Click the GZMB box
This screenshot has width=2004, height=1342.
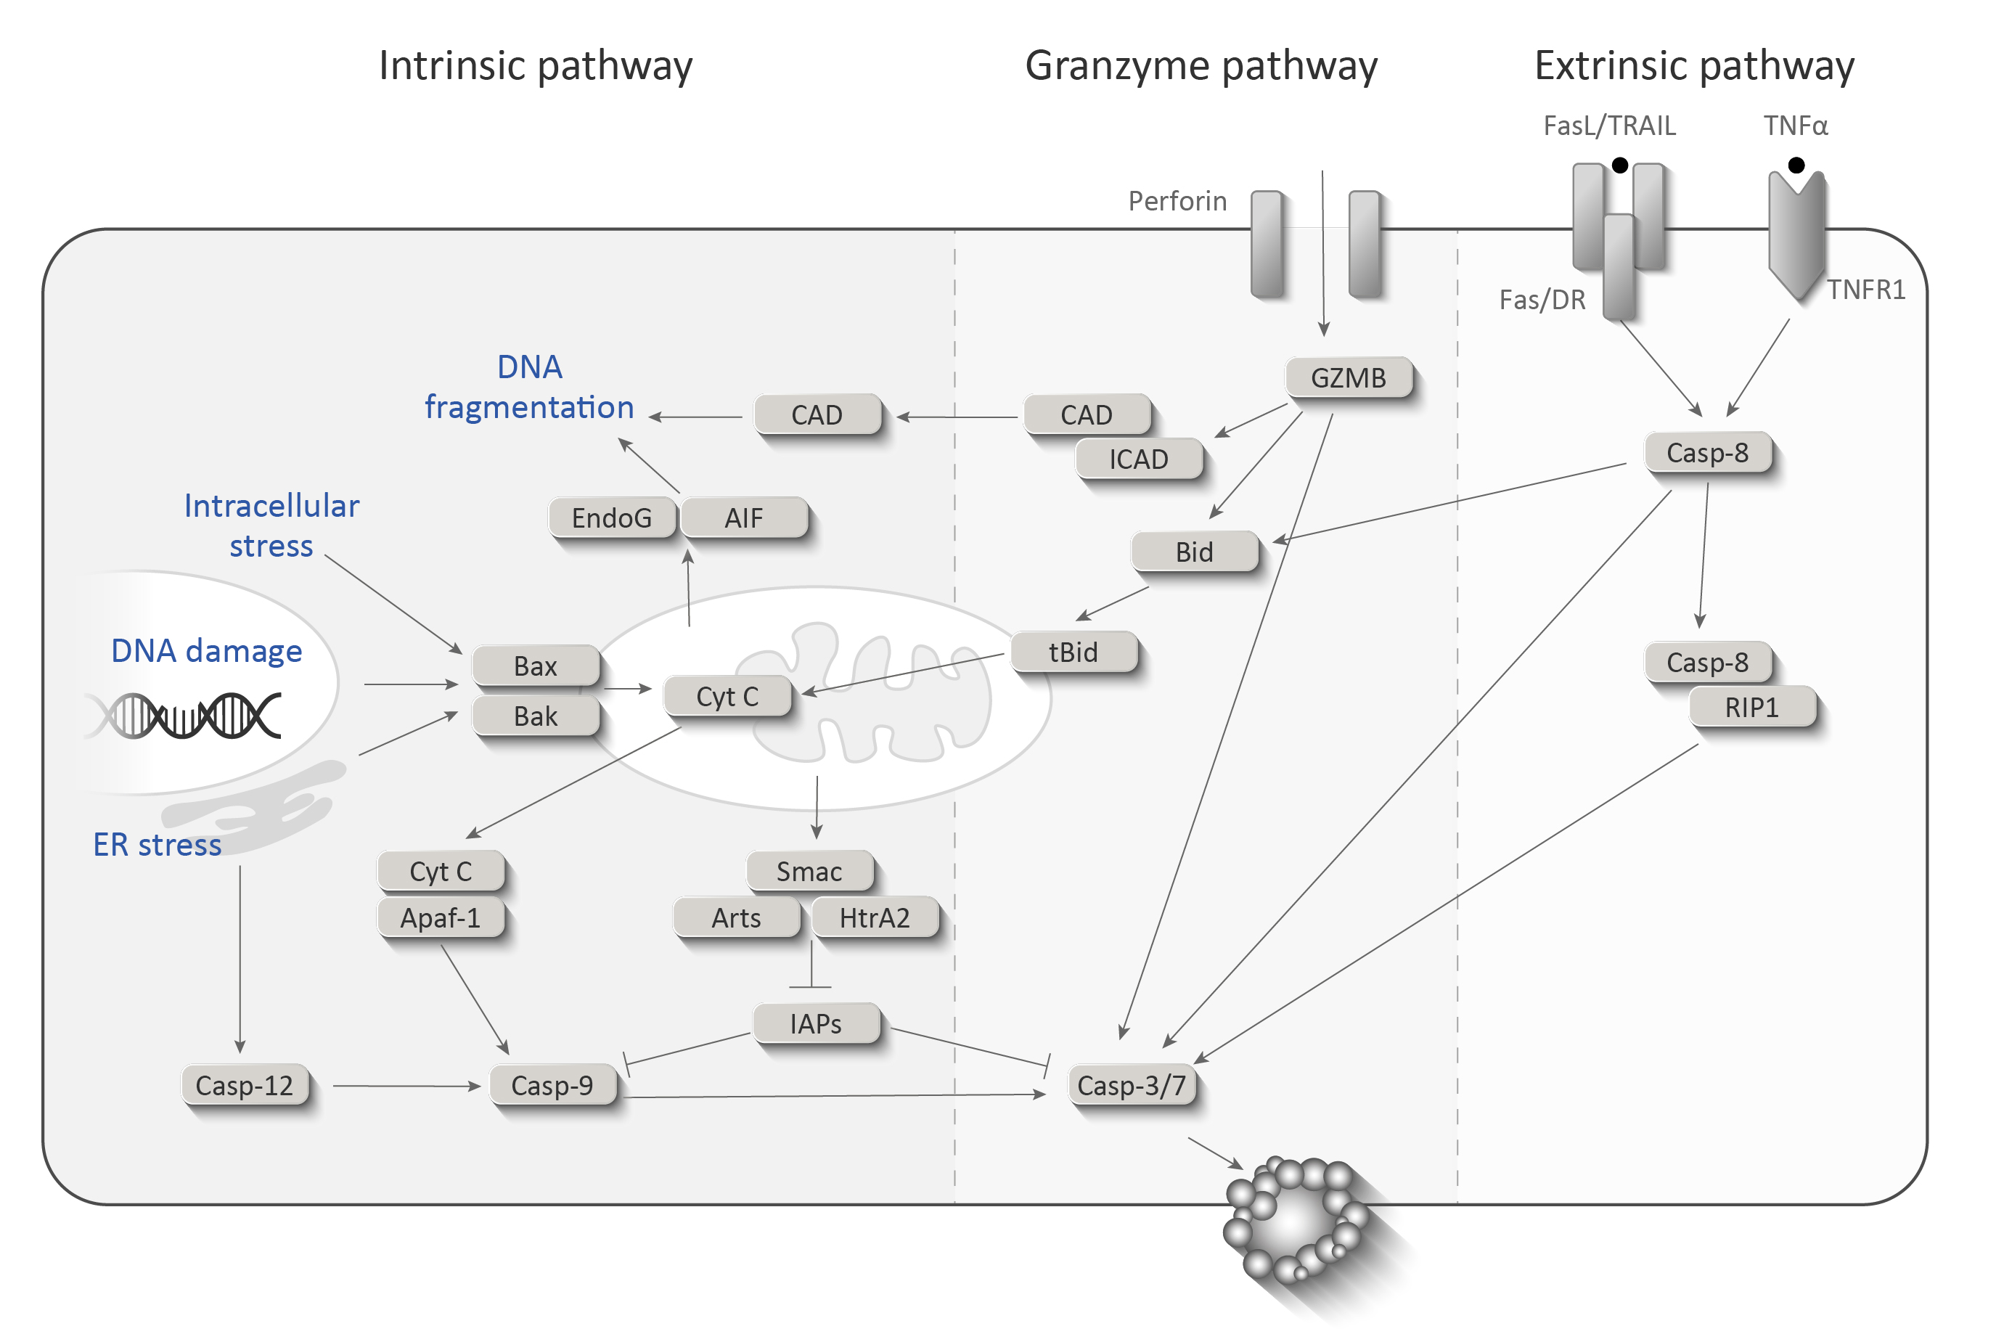(1348, 377)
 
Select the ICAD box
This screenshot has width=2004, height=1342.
(1138, 459)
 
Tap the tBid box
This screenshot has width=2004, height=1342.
(1073, 652)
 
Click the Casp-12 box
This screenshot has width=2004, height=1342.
(245, 1085)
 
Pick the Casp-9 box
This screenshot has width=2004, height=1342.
(552, 1085)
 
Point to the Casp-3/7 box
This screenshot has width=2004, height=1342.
(1132, 1085)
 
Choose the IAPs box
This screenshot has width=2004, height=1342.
(815, 1023)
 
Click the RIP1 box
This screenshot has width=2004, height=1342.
(1751, 708)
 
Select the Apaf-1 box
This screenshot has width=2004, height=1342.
(440, 917)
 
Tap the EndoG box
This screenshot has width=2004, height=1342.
(612, 517)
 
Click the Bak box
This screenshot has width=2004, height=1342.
(535, 716)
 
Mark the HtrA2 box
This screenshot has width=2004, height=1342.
(874, 917)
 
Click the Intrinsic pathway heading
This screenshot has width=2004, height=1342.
(536, 66)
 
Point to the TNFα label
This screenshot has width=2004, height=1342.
(1795, 126)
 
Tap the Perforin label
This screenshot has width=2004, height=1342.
(1177, 201)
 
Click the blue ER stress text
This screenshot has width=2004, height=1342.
(158, 845)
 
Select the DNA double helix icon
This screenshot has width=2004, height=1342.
(184, 716)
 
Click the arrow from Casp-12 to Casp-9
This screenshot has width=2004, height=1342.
(406, 1086)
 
